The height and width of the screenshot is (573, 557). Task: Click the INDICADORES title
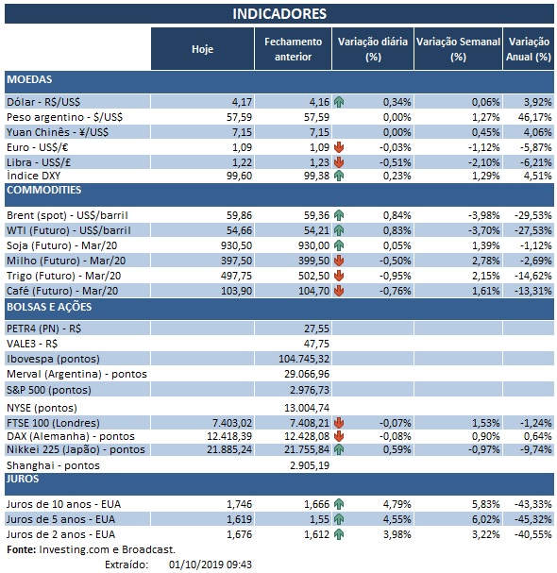(278, 13)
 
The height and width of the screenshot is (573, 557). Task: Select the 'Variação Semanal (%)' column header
(457, 49)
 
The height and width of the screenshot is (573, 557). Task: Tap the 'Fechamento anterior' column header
(293, 49)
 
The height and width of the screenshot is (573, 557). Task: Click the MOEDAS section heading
(29, 80)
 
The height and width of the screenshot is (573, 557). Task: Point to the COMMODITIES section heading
(44, 190)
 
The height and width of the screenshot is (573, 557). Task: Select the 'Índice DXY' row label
(35, 175)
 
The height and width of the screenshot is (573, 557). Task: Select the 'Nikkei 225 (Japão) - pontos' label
(76, 449)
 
